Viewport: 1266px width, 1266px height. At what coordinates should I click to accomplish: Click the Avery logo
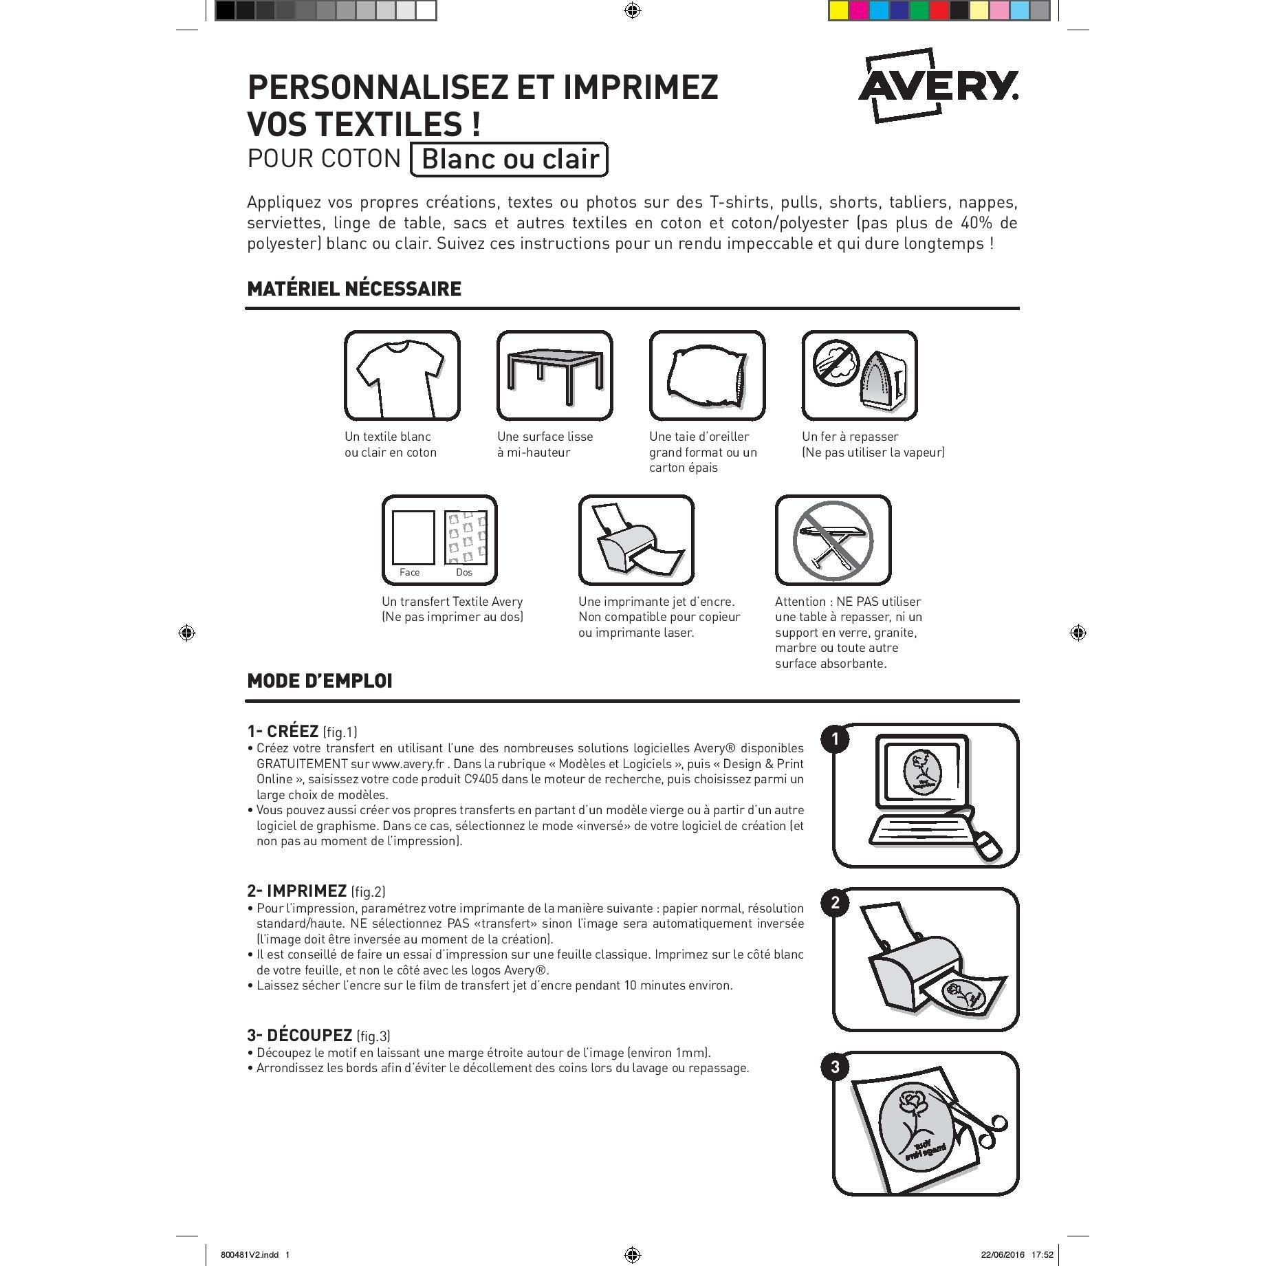(938, 85)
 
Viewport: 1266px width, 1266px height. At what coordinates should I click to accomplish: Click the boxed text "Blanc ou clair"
(509, 159)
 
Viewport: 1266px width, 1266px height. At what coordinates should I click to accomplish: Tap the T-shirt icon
(402, 375)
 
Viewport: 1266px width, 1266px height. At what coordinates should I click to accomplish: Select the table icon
(554, 375)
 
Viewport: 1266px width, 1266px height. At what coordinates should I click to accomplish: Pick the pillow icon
(707, 375)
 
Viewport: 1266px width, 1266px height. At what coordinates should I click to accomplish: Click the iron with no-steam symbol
(860, 375)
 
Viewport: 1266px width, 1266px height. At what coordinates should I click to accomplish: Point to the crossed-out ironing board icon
(833, 540)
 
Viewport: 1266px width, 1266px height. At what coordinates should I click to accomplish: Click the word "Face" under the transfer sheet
(409, 572)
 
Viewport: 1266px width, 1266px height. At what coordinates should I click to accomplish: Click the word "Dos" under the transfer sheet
(464, 572)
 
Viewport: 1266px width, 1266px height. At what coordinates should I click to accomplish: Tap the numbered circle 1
(835, 739)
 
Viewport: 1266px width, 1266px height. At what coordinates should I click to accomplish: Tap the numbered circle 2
(835, 903)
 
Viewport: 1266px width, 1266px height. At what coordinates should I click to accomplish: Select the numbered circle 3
(835, 1067)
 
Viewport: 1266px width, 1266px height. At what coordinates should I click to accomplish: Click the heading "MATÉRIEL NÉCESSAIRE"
(354, 289)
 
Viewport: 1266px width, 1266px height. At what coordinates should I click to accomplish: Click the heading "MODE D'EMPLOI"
(320, 681)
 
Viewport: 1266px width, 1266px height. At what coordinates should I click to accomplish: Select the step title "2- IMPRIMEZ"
(297, 891)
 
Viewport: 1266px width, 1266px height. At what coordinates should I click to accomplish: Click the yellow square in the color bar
(838, 10)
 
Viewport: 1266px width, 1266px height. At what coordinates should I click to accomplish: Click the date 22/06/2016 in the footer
(1002, 1254)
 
